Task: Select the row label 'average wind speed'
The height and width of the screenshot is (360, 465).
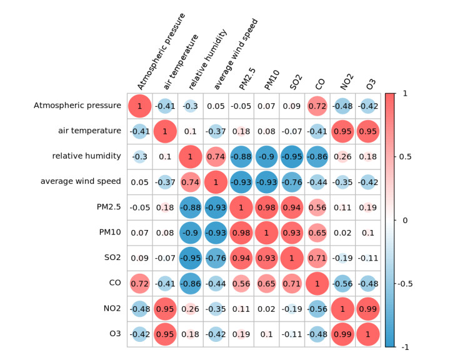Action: (x=81, y=182)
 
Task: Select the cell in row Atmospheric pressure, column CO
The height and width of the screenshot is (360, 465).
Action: (x=318, y=106)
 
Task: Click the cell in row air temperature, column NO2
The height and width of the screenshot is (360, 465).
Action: (x=344, y=131)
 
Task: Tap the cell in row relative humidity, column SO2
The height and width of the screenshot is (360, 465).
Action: (x=292, y=157)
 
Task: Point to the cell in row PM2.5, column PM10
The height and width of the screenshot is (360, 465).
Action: (x=267, y=207)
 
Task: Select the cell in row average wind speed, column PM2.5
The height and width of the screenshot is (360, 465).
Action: (x=242, y=182)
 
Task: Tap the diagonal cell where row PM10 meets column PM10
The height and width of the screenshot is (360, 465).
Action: (x=267, y=233)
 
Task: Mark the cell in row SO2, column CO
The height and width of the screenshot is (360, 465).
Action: (x=318, y=258)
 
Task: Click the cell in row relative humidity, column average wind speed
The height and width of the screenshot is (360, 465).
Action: (x=216, y=157)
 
